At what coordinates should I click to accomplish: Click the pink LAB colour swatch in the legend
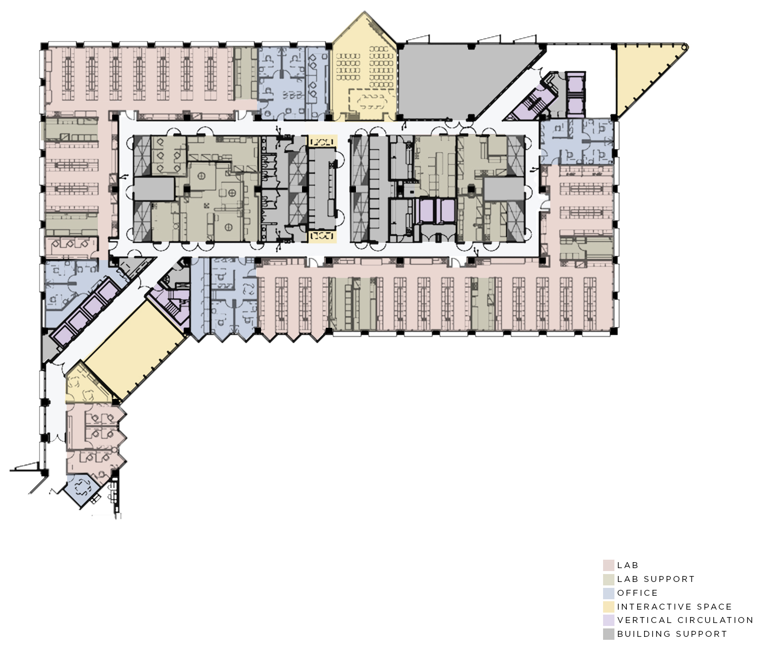point(609,565)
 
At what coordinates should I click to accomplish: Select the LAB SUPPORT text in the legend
point(656,579)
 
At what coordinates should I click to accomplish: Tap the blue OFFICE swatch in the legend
point(609,593)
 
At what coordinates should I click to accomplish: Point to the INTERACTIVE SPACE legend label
point(674,607)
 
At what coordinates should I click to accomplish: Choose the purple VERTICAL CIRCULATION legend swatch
point(609,620)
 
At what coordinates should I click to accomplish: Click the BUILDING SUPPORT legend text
point(672,634)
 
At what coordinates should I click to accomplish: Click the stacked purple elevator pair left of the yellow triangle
point(575,94)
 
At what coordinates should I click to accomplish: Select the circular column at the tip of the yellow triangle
point(685,47)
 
